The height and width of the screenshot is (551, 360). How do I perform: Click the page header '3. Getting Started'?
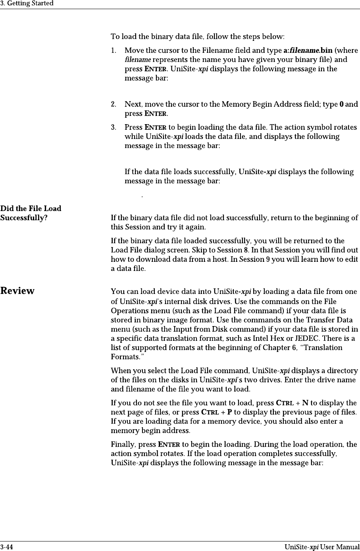tap(27, 4)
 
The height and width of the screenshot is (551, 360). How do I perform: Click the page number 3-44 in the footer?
tap(6, 547)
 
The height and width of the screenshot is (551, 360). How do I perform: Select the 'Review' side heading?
tap(17, 291)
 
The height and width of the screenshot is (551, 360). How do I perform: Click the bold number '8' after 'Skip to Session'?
tap(244, 250)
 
